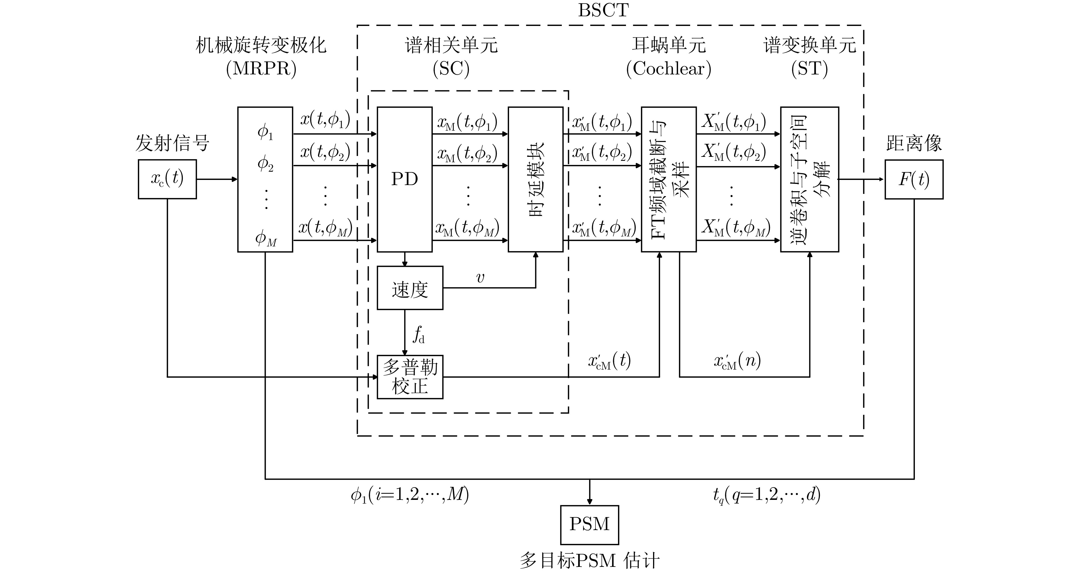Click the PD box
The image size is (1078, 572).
(404, 179)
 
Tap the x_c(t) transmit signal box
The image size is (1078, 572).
(167, 179)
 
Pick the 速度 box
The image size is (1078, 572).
(410, 288)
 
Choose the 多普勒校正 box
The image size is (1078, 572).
(410, 377)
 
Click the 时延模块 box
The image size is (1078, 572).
(535, 179)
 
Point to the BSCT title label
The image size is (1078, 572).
(603, 10)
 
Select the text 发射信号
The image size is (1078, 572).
(172, 143)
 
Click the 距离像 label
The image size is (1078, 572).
(914, 143)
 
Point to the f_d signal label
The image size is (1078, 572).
(418, 335)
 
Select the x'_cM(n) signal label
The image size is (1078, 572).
(737, 361)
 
